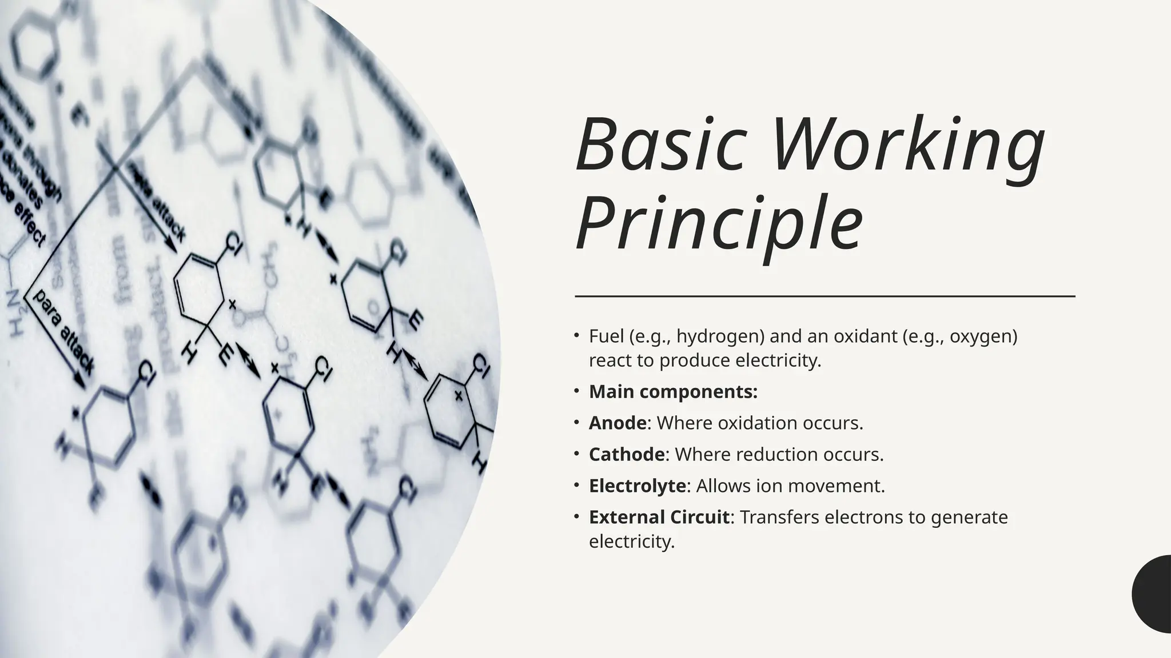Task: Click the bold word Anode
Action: click(618, 423)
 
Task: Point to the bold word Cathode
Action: click(627, 455)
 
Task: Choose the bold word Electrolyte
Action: click(637, 486)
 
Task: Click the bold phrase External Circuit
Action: click(659, 517)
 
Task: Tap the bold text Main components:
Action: click(673, 392)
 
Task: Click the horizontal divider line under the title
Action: click(825, 296)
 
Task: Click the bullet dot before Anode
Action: click(577, 423)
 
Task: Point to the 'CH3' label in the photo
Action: click(268, 260)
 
